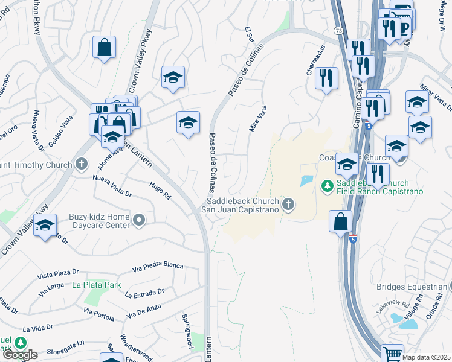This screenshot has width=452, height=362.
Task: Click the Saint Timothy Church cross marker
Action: click(x=82, y=164)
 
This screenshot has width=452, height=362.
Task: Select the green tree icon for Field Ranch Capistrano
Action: click(x=328, y=185)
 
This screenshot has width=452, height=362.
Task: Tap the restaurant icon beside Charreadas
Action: click(x=326, y=79)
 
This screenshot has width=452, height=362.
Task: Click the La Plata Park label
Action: click(x=97, y=285)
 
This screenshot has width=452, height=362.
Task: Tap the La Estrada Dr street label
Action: click(x=144, y=293)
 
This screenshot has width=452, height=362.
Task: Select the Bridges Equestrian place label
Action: click(x=413, y=287)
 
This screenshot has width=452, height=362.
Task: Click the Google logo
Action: click(x=19, y=355)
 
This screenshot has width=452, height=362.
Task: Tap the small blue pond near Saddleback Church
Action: click(x=306, y=180)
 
